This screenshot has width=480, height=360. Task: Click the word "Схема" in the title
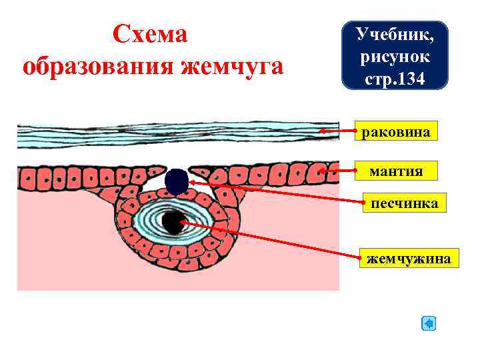click(x=150, y=34)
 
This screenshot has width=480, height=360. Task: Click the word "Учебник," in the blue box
click(x=395, y=33)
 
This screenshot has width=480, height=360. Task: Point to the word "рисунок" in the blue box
click(x=395, y=57)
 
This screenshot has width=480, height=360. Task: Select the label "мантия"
click(x=396, y=171)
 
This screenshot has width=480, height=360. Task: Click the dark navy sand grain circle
click(x=177, y=182)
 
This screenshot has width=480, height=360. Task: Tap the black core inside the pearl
click(x=173, y=222)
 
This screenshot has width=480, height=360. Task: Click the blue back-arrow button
click(x=429, y=324)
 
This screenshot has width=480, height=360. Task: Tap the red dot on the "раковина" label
click(x=356, y=131)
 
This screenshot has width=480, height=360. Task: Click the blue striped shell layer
click(x=167, y=136)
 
